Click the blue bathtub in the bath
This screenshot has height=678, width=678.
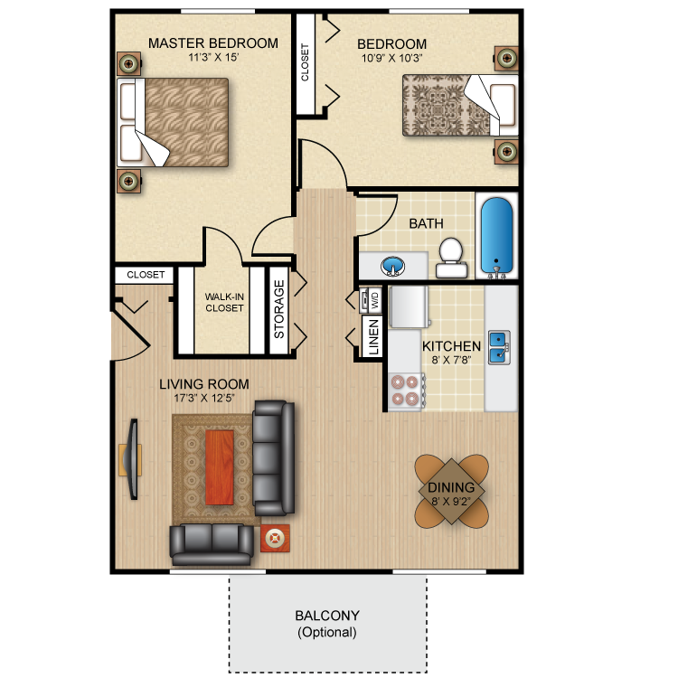click(497, 236)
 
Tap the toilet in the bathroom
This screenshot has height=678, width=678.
click(451, 258)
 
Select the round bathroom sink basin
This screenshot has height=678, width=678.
click(392, 265)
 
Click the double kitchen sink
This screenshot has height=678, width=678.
click(499, 347)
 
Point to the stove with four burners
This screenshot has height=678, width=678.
click(407, 391)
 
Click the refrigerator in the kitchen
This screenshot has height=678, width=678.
click(409, 306)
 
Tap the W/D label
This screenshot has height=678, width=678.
click(374, 299)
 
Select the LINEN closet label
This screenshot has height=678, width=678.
click(373, 337)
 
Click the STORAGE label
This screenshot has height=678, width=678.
click(279, 309)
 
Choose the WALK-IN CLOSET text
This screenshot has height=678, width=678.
click(224, 302)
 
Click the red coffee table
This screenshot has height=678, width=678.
click(220, 467)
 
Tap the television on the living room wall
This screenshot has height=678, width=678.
click(131, 459)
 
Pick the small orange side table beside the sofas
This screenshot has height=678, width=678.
click(275, 539)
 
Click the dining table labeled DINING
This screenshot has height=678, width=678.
click(451, 490)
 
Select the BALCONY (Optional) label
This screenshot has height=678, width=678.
click(327, 624)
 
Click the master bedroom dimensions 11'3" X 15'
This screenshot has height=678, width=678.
click(213, 57)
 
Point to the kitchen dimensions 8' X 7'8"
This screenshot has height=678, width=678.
click(451, 360)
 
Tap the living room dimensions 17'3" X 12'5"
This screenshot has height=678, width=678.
click(204, 398)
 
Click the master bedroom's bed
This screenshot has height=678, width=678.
click(173, 122)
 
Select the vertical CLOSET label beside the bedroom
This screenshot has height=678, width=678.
click(305, 62)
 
